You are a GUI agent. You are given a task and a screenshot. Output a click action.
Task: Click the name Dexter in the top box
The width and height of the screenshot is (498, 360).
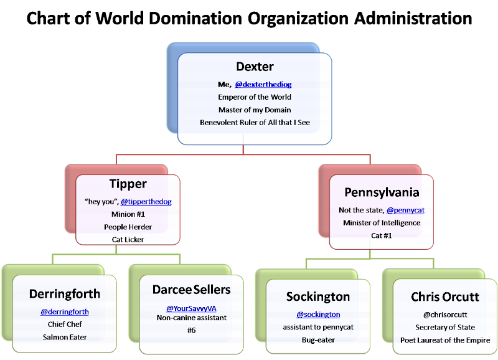[x=255, y=67]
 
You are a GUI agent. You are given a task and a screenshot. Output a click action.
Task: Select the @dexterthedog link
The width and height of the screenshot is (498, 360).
[x=263, y=84]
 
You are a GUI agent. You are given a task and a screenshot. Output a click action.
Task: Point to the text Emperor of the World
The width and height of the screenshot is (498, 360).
[x=255, y=97]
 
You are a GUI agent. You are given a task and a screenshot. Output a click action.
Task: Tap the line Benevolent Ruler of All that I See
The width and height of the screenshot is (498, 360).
[x=255, y=123]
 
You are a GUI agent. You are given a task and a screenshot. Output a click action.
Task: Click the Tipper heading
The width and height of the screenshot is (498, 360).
[x=128, y=184]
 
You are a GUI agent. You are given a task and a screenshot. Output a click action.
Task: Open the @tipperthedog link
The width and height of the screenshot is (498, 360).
[x=146, y=202]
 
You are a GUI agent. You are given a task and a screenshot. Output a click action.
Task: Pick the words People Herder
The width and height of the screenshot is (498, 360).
[x=128, y=227]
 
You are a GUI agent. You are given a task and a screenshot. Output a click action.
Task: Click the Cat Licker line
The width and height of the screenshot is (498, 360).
[x=128, y=239]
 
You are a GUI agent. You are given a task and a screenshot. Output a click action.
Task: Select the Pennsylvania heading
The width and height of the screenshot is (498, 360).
[x=382, y=192]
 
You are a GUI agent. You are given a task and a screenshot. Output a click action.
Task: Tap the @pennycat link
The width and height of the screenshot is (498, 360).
[x=405, y=211]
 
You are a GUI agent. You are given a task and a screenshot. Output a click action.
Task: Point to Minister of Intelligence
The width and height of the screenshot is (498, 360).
[x=379, y=223]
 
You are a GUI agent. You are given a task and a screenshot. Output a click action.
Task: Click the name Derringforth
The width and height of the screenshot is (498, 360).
[x=65, y=293]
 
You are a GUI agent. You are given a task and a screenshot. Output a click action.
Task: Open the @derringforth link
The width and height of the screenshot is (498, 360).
[x=65, y=311]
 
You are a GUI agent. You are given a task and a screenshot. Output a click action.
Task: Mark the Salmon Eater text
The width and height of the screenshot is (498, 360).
[x=65, y=337]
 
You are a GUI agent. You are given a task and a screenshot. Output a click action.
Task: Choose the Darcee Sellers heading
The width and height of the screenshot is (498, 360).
[x=191, y=290]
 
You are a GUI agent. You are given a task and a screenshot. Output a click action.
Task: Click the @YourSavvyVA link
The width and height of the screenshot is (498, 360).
[x=190, y=308]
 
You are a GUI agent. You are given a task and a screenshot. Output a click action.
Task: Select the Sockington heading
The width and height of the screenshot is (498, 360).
[x=318, y=296]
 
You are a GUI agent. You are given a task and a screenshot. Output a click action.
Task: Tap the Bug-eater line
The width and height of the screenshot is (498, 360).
[x=318, y=340]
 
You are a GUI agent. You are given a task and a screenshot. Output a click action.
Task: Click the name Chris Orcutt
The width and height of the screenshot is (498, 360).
[x=445, y=296]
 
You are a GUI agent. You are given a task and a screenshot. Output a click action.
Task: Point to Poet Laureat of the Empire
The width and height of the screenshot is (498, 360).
[x=445, y=340]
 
